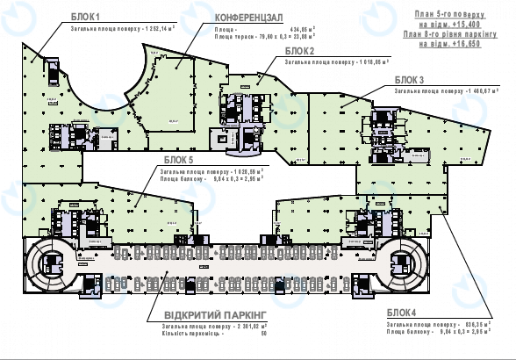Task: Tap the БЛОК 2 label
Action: pos(301,51)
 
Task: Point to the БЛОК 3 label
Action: pos(409,79)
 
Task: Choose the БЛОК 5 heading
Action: pos(178,160)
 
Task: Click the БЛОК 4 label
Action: pos(400,312)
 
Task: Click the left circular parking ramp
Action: pos(47,260)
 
